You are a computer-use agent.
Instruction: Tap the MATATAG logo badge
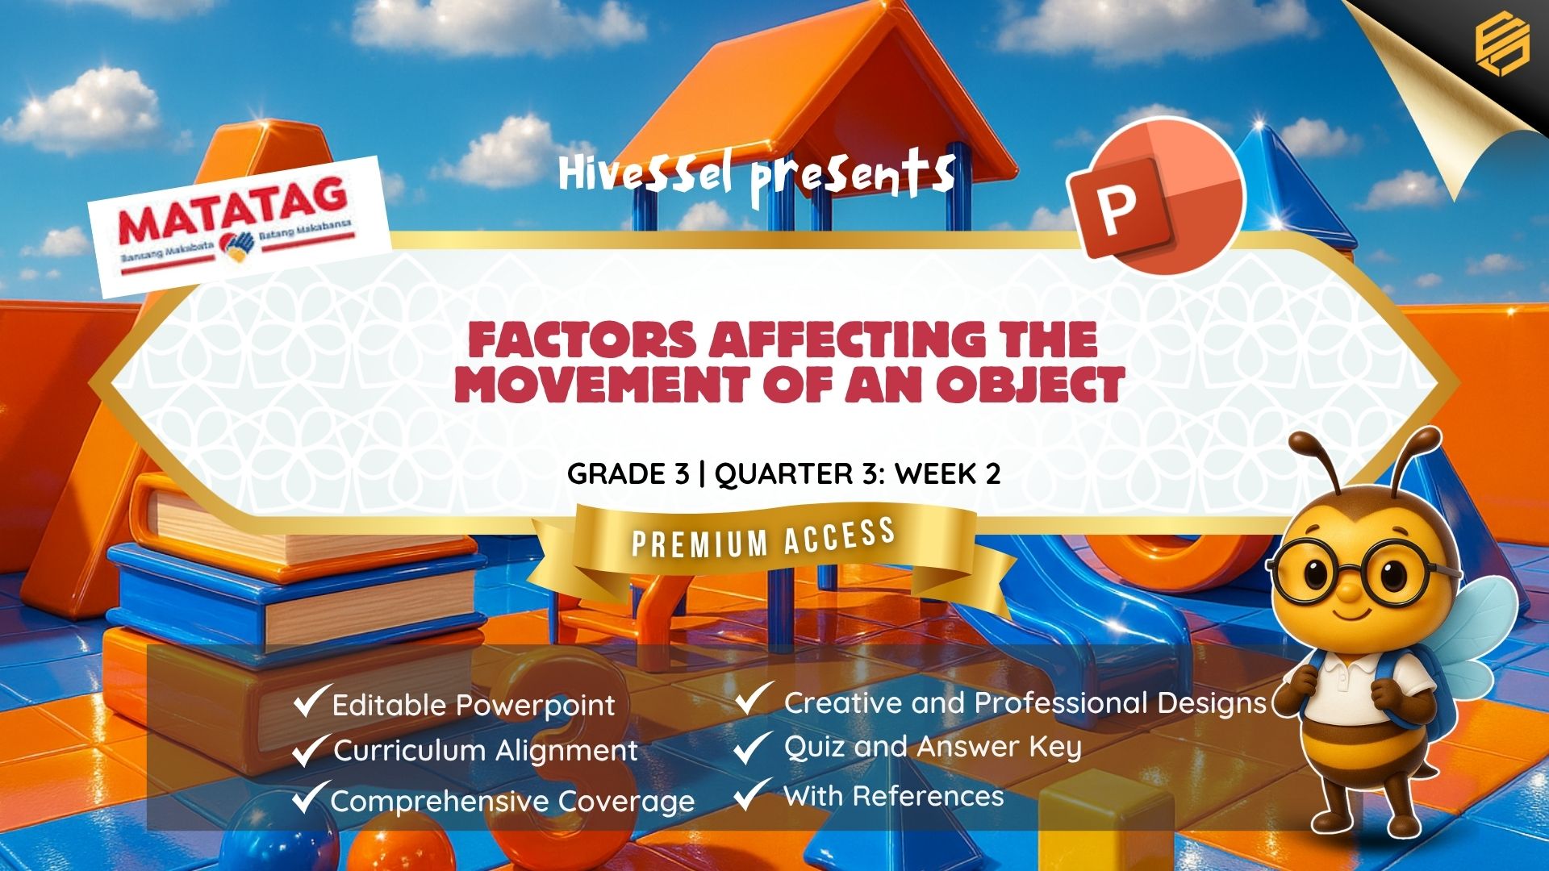coord(240,226)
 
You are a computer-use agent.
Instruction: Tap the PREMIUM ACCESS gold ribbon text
coord(763,538)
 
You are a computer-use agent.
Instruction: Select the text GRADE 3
coord(628,473)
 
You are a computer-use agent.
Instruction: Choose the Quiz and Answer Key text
coord(932,748)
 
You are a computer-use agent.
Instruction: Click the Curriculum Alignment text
coord(485,751)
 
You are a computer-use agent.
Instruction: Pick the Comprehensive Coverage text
coord(512,802)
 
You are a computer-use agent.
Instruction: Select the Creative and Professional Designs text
coord(1025,703)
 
